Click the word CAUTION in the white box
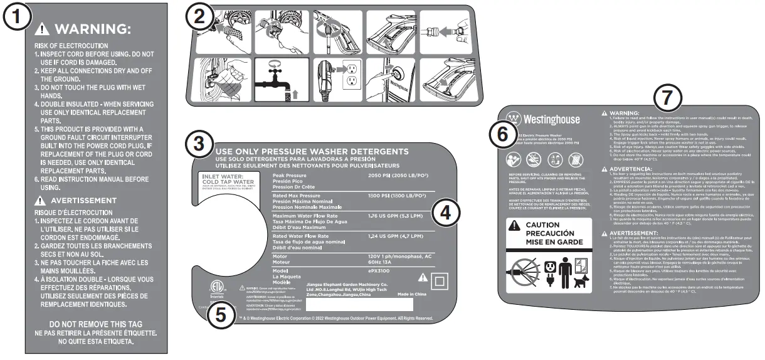[x=543, y=225]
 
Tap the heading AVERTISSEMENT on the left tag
[x=84, y=200]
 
